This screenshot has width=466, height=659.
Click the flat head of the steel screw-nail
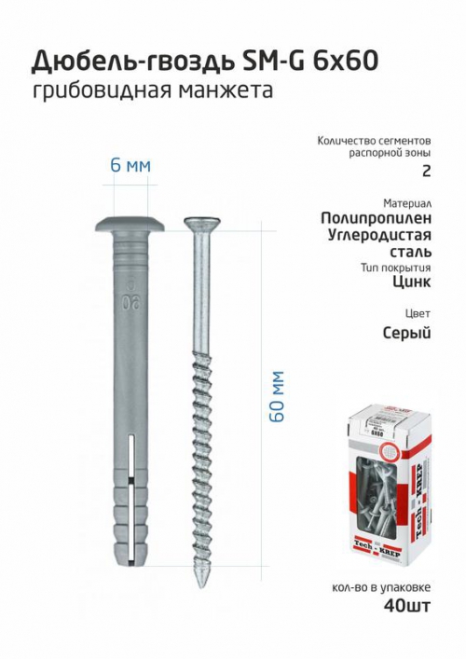(x=204, y=224)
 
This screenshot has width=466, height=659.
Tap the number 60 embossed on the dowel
(x=125, y=302)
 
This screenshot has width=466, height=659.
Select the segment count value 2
(x=426, y=171)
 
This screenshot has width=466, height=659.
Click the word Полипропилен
(x=375, y=217)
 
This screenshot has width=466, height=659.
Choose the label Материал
(x=406, y=202)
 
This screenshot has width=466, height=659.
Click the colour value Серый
(x=406, y=332)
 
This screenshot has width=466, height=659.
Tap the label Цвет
(x=418, y=312)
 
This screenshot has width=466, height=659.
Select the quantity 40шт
(x=407, y=606)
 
